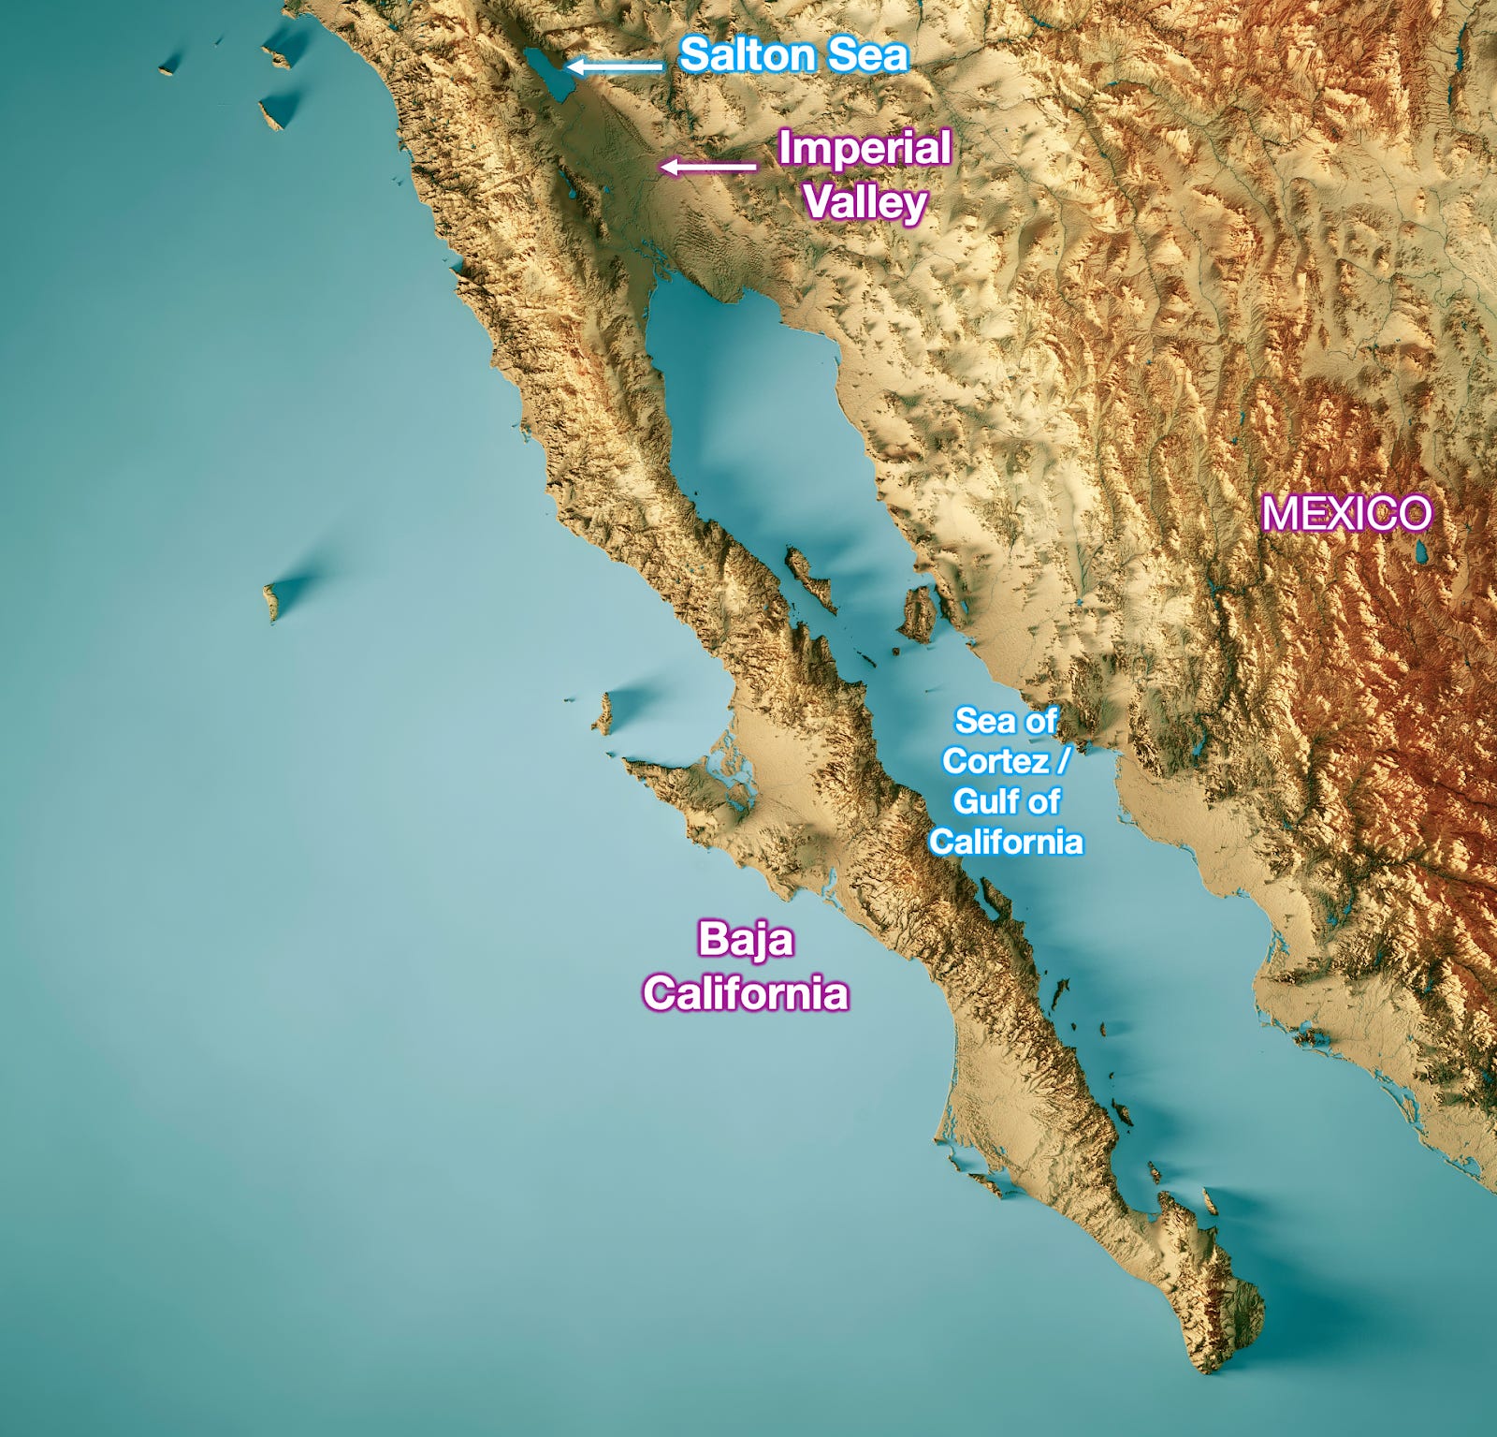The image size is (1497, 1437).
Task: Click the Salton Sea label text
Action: click(x=793, y=54)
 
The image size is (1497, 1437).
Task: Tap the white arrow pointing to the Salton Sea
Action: click(x=615, y=66)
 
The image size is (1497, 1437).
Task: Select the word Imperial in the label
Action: click(x=865, y=148)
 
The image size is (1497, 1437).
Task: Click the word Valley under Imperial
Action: click(x=865, y=202)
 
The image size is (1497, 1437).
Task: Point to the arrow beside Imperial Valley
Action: click(x=707, y=167)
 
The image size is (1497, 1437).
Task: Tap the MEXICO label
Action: click(x=1346, y=513)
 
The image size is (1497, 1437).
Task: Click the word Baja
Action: click(x=746, y=939)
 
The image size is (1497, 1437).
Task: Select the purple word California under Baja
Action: click(x=746, y=992)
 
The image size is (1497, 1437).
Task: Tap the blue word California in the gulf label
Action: click(x=1006, y=842)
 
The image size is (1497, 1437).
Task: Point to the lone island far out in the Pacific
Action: click(x=272, y=600)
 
